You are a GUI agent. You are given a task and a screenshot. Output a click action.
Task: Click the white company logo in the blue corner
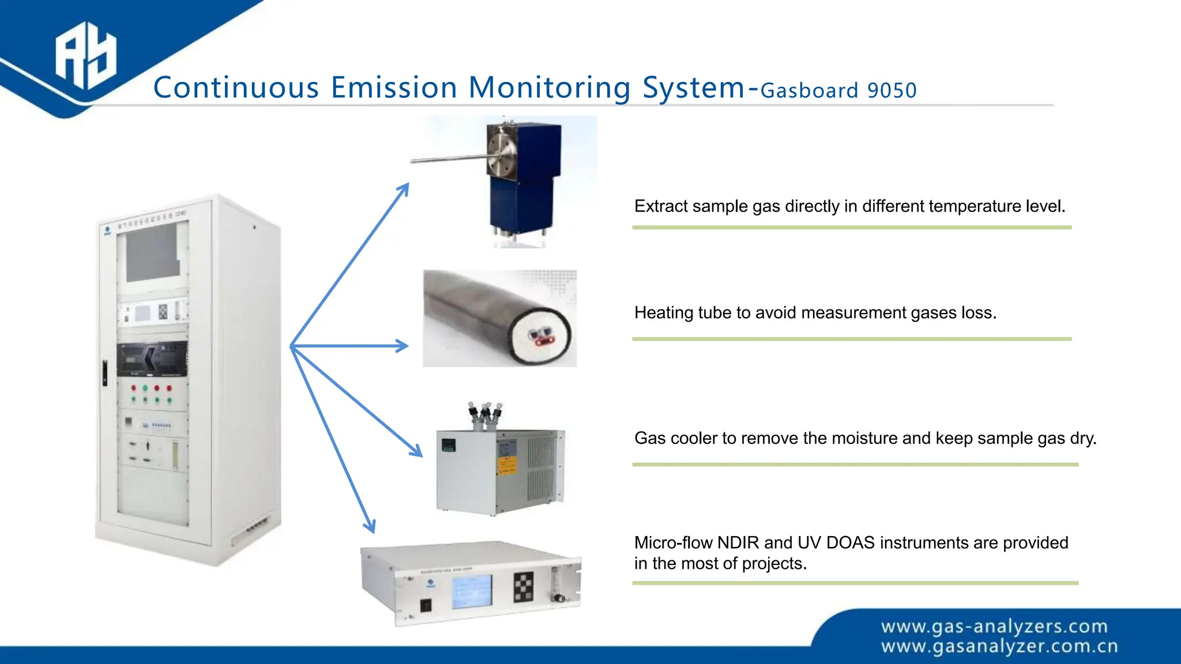[x=85, y=55]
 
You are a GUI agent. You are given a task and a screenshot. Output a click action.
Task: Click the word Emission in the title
[x=394, y=88]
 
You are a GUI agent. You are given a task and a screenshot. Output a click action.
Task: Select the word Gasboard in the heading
[x=809, y=90]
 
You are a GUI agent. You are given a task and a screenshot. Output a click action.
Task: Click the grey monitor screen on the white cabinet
[x=153, y=251]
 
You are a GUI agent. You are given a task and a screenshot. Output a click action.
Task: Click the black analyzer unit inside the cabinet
[x=152, y=359]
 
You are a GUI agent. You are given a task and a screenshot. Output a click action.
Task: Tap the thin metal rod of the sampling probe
[x=447, y=158]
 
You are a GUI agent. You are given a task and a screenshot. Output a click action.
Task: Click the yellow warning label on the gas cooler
[x=506, y=465]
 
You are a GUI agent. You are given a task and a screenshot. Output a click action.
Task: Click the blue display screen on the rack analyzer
[x=472, y=591]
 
